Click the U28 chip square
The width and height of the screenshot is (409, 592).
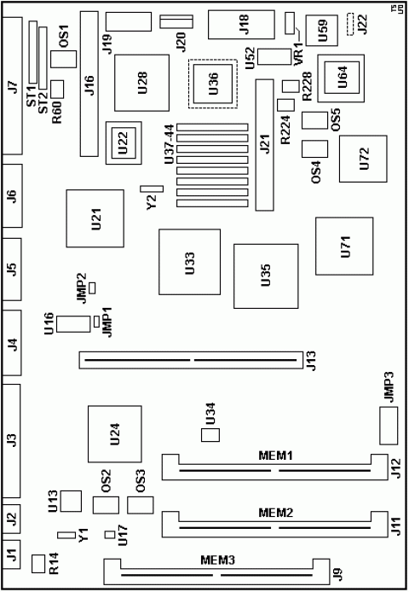coord(143,82)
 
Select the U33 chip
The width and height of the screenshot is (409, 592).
coord(188,262)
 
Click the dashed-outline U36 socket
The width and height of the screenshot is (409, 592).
coord(213,83)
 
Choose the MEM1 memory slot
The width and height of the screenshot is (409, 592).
coord(276,468)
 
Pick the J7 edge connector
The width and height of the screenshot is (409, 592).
coord(13,85)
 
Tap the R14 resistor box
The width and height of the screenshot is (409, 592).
coord(37,563)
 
